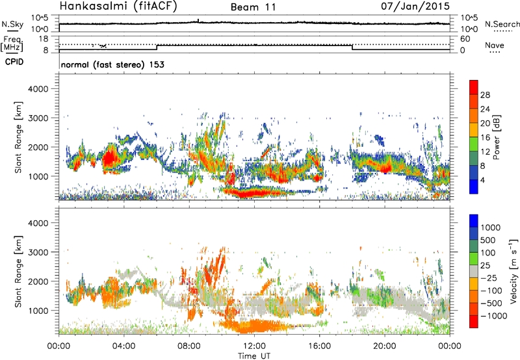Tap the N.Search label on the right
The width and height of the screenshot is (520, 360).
502,24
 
